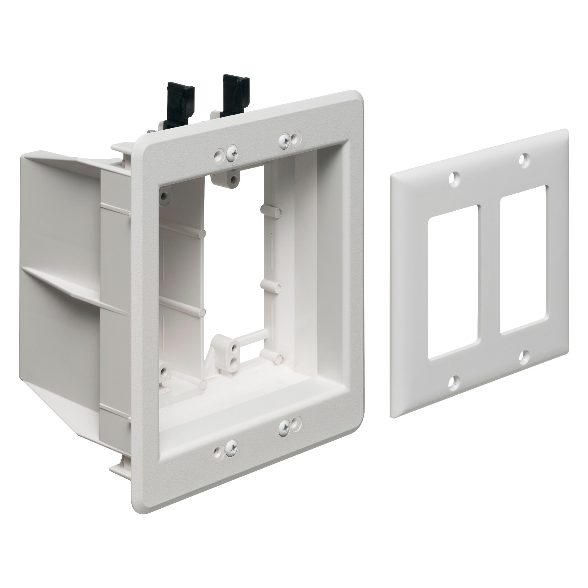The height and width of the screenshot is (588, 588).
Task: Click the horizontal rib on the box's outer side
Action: tap(73, 290)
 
